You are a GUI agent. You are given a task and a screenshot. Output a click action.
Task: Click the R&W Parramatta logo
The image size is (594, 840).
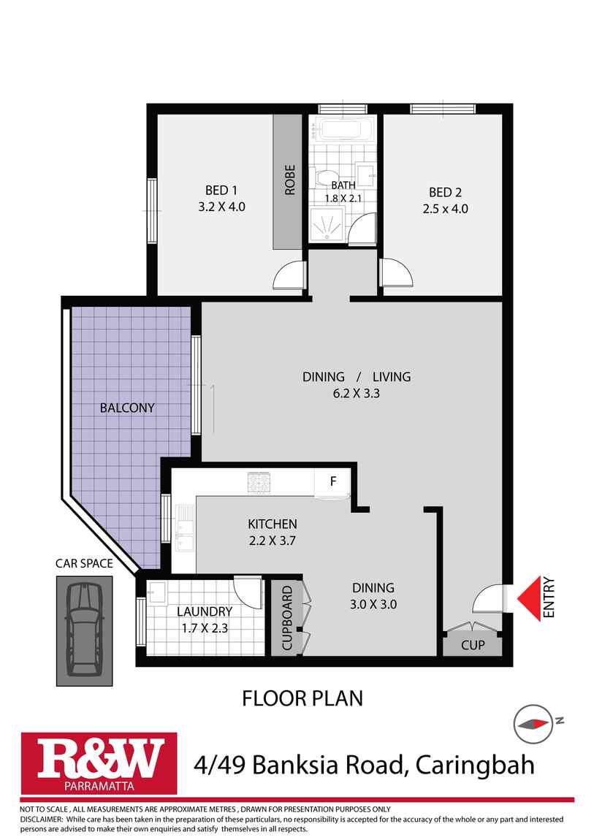click(x=99, y=762)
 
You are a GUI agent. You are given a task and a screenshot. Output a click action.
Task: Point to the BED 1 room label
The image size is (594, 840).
click(x=221, y=192)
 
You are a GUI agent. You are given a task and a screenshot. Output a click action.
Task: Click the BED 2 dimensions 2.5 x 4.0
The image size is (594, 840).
click(x=445, y=208)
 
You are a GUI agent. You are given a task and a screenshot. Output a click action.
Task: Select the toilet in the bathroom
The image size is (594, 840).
click(x=320, y=177)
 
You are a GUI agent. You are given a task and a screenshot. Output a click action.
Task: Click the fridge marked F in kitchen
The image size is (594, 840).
click(x=333, y=482)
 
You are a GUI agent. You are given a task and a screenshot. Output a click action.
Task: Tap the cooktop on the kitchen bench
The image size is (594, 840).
click(x=259, y=481)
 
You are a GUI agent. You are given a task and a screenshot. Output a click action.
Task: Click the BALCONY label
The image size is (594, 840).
click(x=127, y=408)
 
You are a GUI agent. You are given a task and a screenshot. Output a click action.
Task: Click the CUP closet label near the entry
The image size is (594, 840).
click(x=473, y=645)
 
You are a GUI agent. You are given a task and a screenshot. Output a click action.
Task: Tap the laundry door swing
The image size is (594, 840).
click(x=249, y=590)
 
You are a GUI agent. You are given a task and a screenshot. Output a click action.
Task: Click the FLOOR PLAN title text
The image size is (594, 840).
click(x=302, y=698)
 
